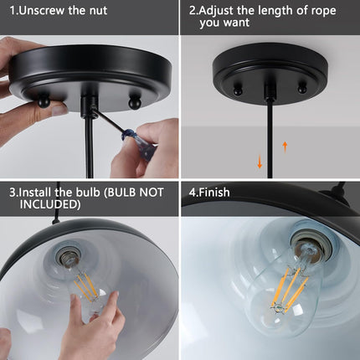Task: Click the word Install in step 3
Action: (37, 192)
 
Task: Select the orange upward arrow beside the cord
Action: (285, 147)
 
